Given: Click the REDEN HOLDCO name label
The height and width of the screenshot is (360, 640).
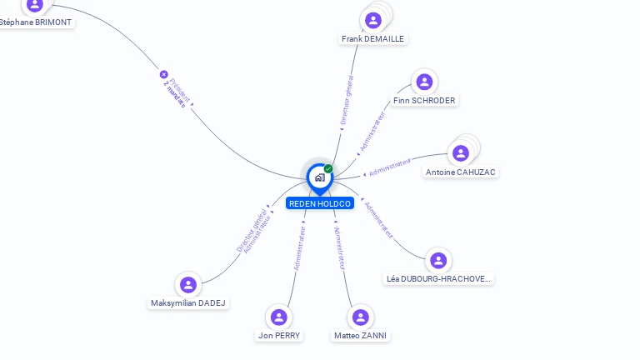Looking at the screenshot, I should pos(320,203).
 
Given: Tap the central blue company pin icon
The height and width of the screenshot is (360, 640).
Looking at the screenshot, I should pos(319,177).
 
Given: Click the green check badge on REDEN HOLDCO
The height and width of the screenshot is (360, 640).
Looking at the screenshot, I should pos(328,169).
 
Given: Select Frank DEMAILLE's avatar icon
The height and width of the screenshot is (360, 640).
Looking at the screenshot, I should pos(372,20).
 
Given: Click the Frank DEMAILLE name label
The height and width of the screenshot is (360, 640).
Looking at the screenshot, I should pos(372,38).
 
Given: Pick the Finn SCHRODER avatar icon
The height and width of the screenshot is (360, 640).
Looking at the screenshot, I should pos(424,82).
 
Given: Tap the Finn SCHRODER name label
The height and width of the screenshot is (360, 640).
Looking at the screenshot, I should pos(424,101).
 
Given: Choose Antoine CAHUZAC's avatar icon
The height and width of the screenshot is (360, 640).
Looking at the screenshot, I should pos(460,153).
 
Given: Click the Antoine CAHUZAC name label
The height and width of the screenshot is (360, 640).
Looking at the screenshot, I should pos(461,172).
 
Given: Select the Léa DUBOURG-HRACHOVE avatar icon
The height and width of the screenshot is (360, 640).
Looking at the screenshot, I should pos(438,260).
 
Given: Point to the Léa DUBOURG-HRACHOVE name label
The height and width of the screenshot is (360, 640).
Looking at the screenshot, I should pos(439,279).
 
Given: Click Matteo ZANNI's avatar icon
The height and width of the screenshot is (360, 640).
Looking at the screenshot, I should pos(360,317).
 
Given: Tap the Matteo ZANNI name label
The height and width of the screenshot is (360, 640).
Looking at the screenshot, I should pos(360,336).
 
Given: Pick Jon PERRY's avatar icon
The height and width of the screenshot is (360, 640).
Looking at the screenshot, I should pos(279,317).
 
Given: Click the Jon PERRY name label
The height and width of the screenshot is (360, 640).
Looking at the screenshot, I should pos(279,336).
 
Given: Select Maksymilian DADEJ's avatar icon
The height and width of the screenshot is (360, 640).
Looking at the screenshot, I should pos(188,285).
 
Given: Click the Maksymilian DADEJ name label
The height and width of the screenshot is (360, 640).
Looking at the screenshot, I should pos(188,303).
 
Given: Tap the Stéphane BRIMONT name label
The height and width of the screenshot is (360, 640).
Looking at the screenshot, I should pos(36,22).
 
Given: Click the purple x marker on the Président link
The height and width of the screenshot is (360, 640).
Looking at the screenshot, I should pos(164,74).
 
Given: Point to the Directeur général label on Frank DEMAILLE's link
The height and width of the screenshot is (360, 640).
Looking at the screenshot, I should pos(347,100).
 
